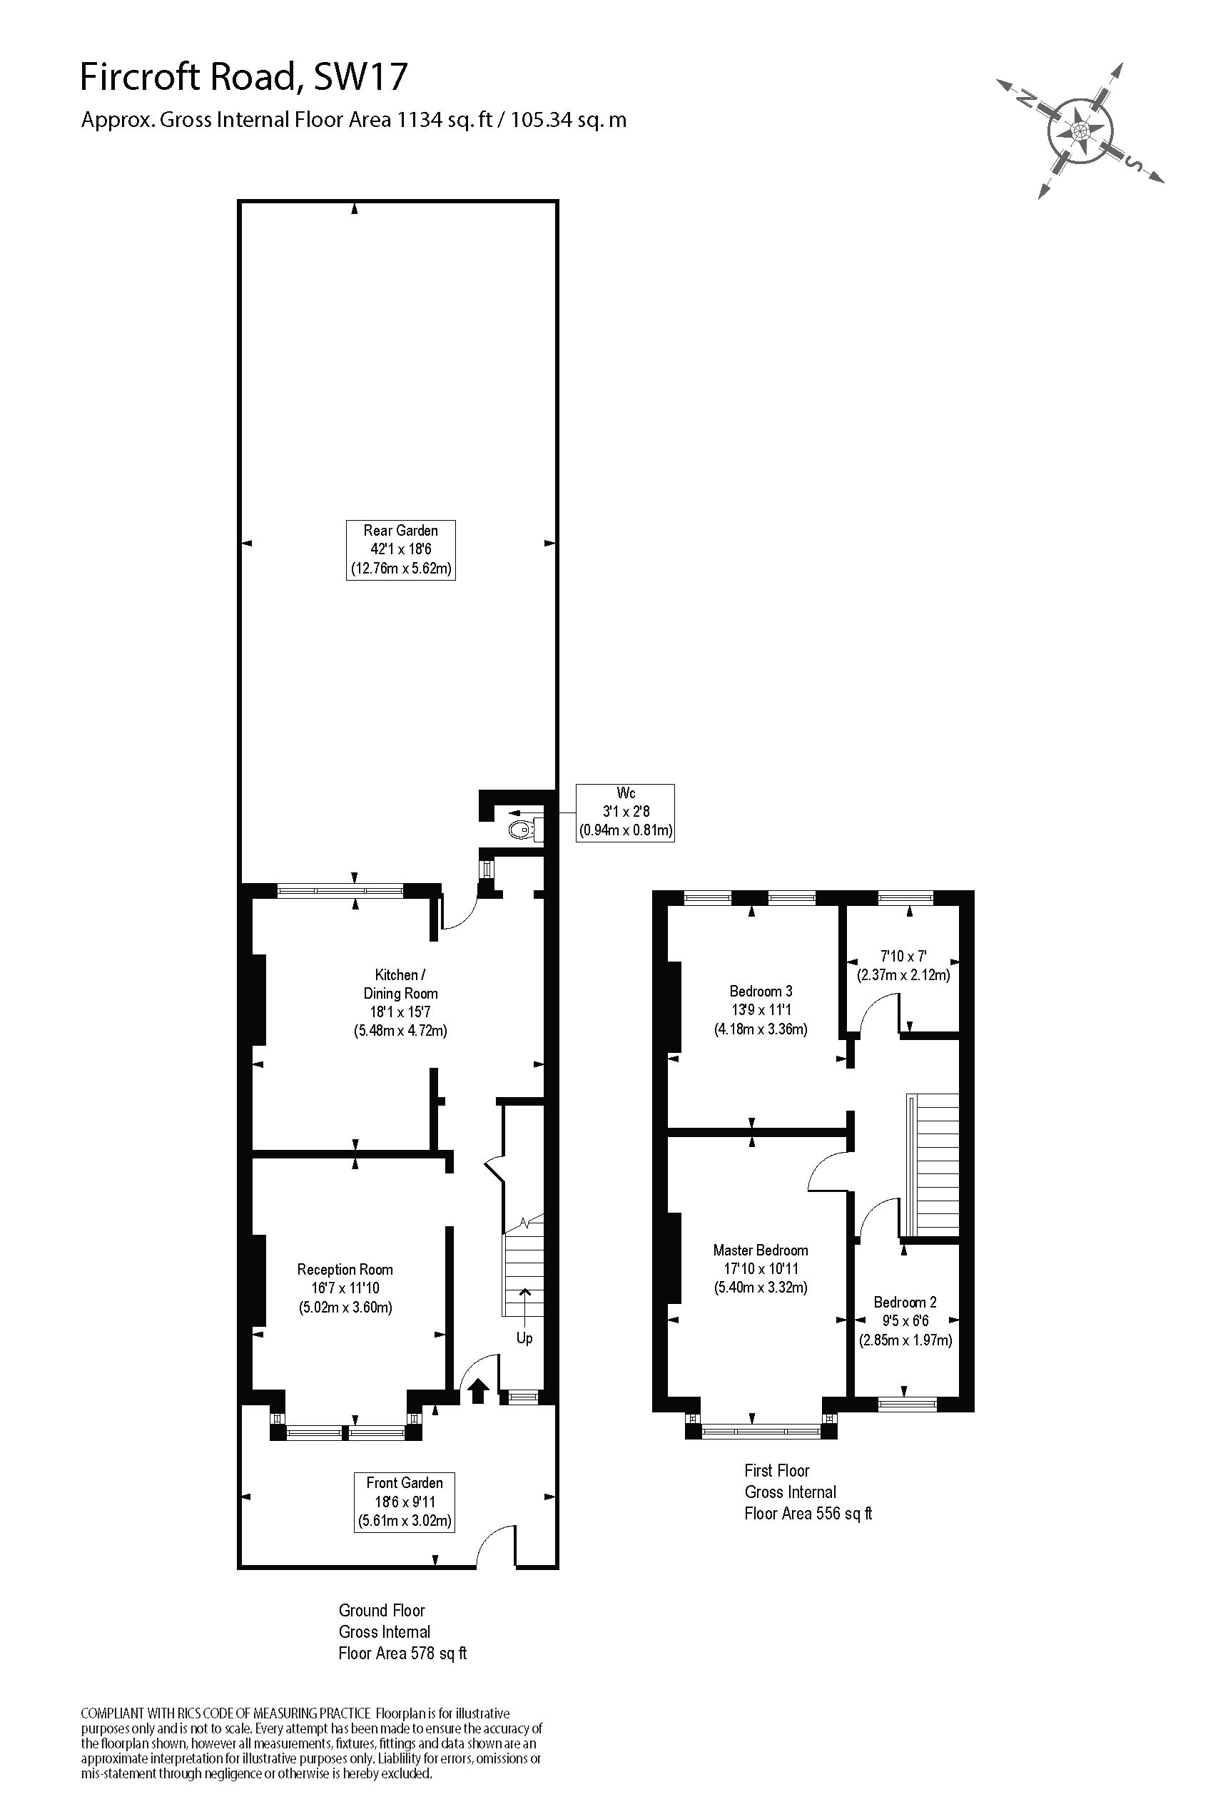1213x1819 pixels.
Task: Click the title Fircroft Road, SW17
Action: [244, 77]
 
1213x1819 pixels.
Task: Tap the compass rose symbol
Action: [1080, 130]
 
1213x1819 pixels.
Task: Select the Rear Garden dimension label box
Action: [401, 550]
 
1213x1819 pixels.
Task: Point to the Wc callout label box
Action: [625, 812]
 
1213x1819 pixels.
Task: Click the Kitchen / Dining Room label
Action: [401, 1002]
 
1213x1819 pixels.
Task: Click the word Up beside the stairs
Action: [524, 1338]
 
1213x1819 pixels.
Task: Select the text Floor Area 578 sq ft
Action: [402, 1654]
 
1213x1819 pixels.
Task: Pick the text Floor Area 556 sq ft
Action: [808, 1514]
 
